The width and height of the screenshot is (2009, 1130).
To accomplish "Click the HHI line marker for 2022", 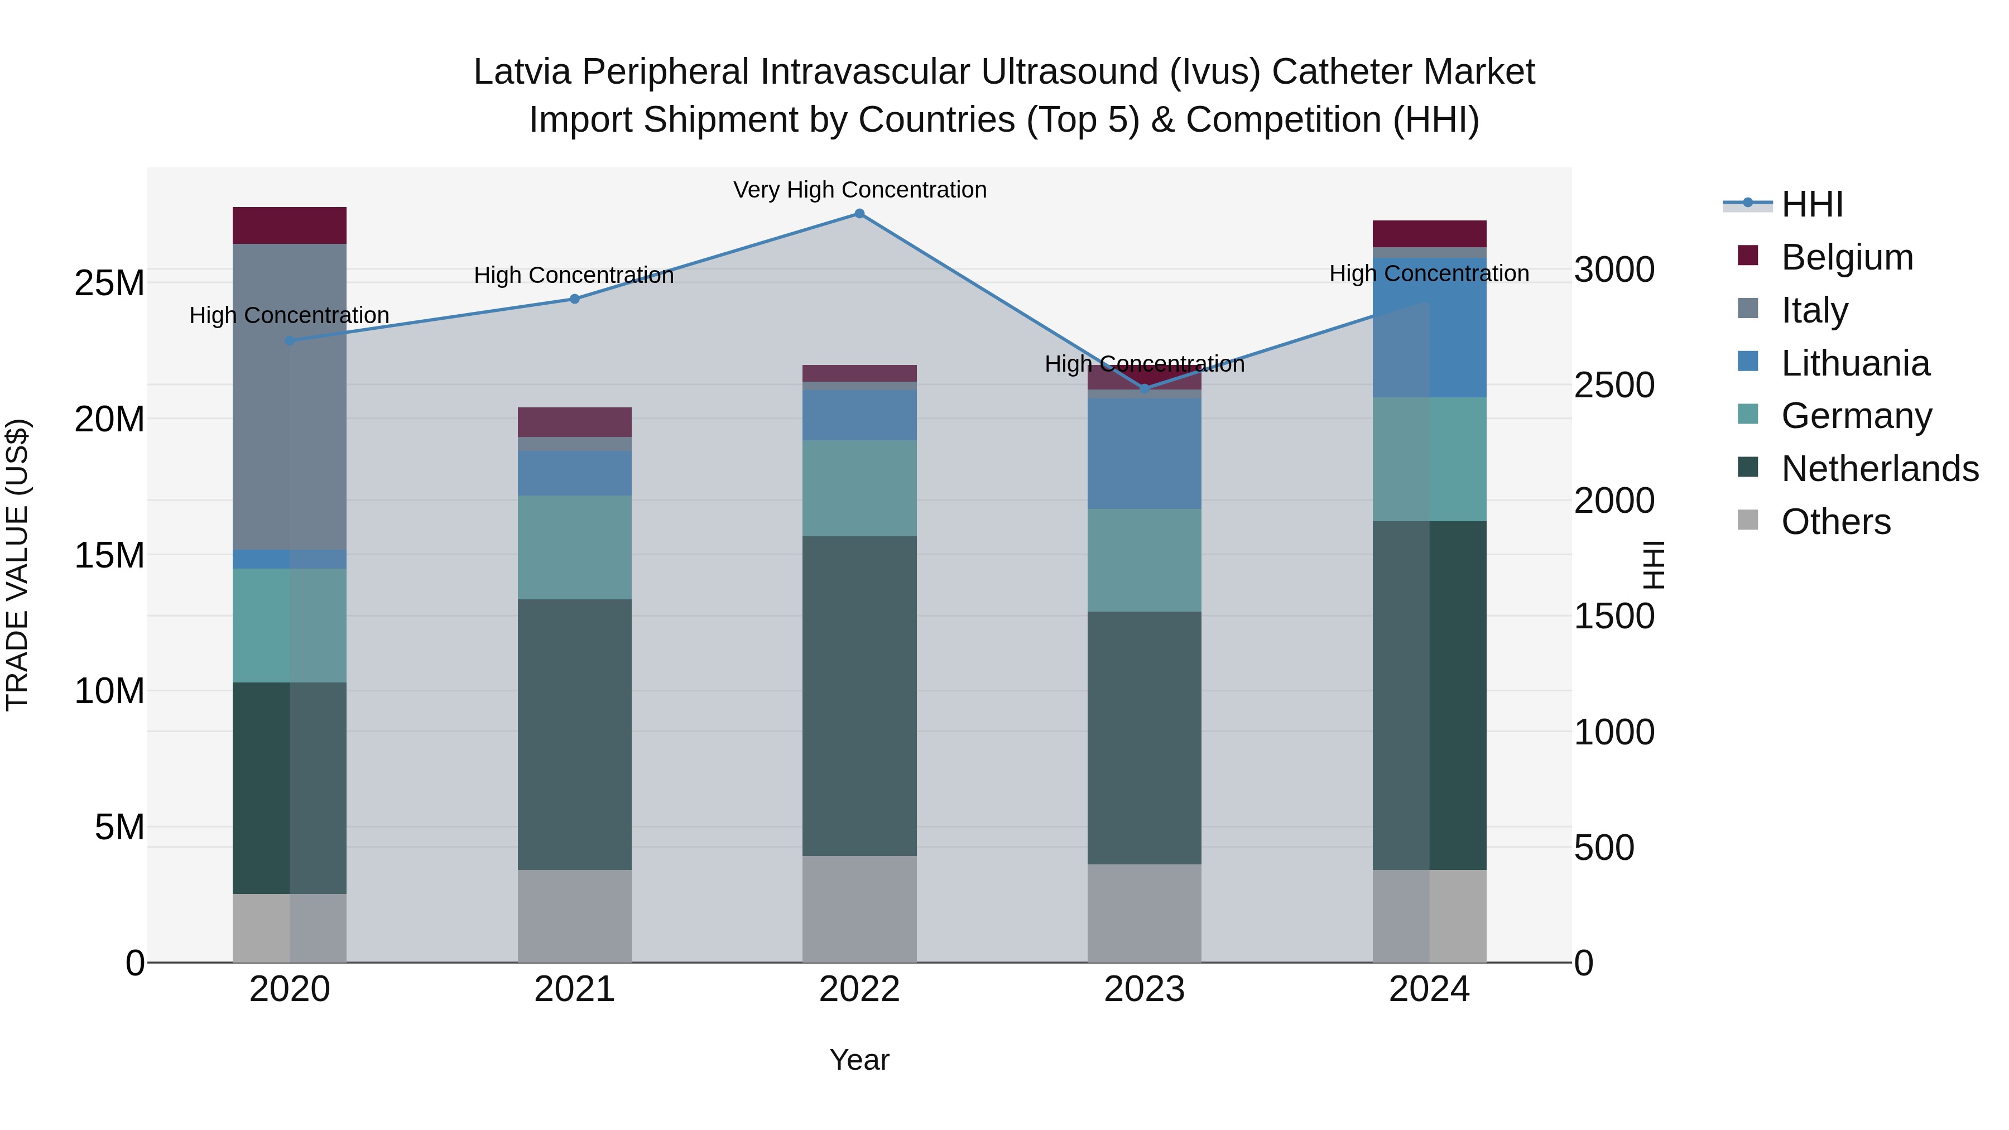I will click(859, 214).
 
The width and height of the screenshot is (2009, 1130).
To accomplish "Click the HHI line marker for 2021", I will click(574, 299).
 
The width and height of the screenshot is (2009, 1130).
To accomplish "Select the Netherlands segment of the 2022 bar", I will click(859, 696).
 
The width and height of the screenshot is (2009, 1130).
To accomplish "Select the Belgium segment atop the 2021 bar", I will click(574, 422).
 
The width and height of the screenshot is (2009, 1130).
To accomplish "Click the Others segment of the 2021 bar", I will click(574, 916).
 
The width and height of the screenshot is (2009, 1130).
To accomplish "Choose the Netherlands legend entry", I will click(1880, 469).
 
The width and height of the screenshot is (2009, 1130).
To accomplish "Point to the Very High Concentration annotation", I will click(859, 190).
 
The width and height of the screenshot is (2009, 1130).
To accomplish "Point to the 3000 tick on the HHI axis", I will click(1613, 270).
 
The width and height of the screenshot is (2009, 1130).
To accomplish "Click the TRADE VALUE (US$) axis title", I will click(17, 565).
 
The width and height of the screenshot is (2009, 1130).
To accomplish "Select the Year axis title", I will click(859, 1060).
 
